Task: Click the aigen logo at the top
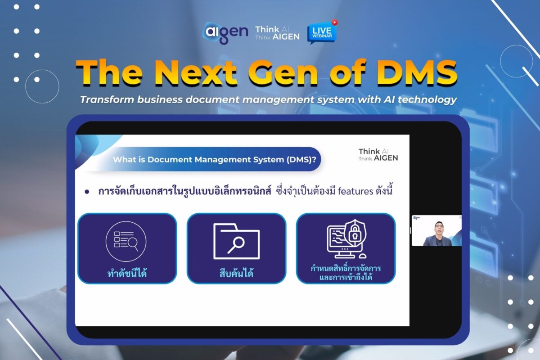pyautogui.click(x=225, y=32)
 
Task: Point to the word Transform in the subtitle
pyautogui.click(x=103, y=99)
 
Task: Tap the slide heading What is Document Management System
pyautogui.click(x=214, y=159)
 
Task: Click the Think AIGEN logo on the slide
pyautogui.click(x=378, y=155)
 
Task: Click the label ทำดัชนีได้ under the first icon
pyautogui.click(x=127, y=273)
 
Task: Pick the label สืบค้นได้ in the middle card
pyautogui.click(x=236, y=273)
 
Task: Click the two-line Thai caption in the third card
pyautogui.click(x=346, y=273)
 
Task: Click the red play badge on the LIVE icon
pyautogui.click(x=334, y=21)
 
